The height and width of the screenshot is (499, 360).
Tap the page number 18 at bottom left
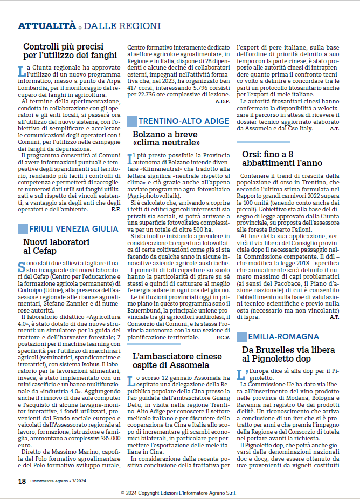click(x=22, y=481)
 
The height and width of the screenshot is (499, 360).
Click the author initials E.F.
click(x=115, y=209)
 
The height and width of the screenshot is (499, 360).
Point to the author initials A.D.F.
click(x=222, y=101)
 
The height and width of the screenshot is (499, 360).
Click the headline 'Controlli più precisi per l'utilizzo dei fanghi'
click(x=70, y=51)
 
